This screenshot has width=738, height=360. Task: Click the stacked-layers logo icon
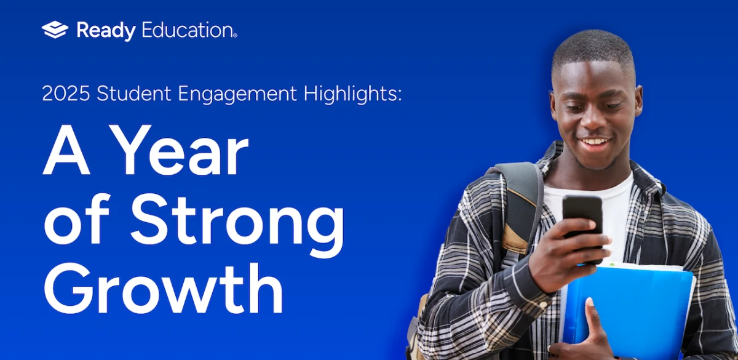coord(55,30)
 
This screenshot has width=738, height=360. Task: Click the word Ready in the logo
coord(106,31)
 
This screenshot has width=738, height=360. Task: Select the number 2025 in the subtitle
coord(66,94)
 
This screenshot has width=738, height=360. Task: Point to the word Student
coord(134,94)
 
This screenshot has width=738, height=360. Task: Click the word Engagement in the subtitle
coord(237,95)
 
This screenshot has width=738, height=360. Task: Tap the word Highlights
coord(352,95)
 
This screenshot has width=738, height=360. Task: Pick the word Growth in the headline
coord(163,288)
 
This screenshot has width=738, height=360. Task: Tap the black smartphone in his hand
coord(582,228)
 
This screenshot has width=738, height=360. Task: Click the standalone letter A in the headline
coord(66,150)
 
